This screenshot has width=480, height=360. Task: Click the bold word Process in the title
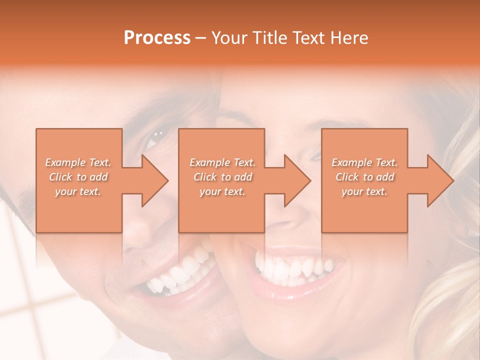coord(157,38)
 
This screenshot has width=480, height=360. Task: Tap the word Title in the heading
coord(266,38)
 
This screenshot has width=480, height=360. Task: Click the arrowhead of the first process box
coord(152,180)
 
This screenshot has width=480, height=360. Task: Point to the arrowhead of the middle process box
coord(294,180)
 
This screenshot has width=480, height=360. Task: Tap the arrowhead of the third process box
coord(437,180)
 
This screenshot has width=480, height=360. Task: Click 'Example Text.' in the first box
coord(78,162)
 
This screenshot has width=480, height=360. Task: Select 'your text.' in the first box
coord(78,191)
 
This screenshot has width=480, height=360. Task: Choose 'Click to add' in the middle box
coord(222,177)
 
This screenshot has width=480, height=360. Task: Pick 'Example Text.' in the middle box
coord(222,162)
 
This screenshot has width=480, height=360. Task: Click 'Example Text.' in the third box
coord(364,162)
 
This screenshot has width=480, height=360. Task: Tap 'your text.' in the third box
coord(364,191)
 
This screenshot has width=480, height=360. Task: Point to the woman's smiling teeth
coord(292,262)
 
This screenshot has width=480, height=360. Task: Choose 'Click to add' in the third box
coord(364,177)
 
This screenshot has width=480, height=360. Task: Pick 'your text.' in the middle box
coord(222,191)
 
